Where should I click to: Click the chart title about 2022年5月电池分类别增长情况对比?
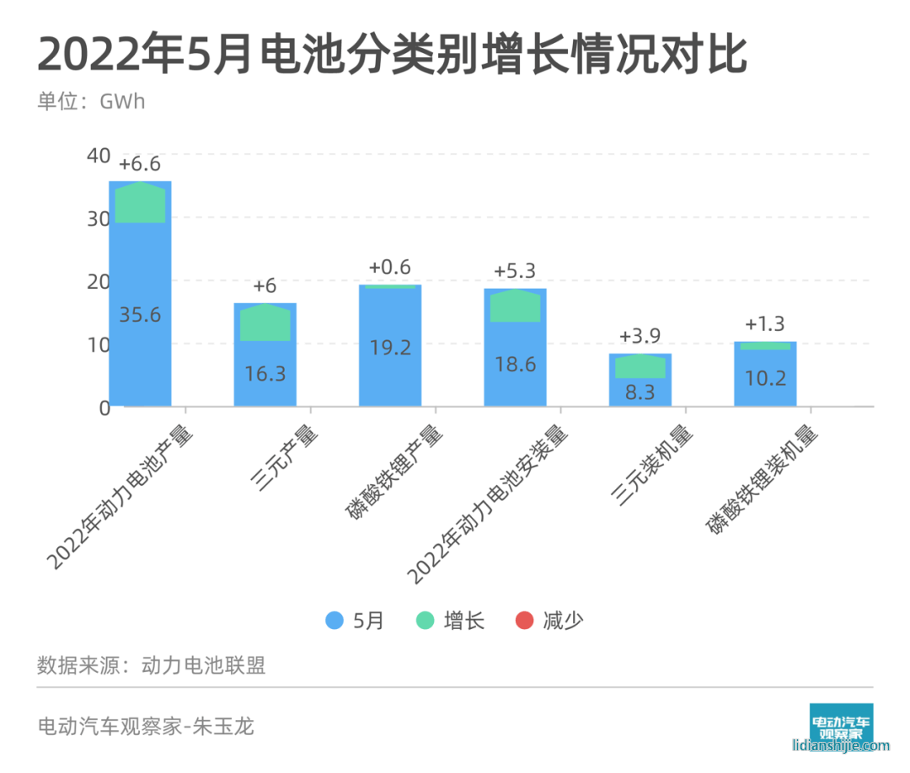point(392,56)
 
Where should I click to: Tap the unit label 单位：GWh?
point(91,102)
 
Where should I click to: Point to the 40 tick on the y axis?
point(99,156)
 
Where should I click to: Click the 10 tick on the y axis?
point(99,344)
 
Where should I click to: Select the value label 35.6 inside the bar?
point(140,315)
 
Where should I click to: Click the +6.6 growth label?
point(140,163)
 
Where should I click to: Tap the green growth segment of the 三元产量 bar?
point(265,323)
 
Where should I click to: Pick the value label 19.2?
point(390,347)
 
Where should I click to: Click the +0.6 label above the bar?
point(389,268)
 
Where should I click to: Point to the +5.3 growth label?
point(515,271)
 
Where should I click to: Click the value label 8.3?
point(640,391)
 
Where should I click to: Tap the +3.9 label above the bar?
point(640,336)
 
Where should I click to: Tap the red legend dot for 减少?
point(524,621)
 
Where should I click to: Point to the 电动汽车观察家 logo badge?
point(841,722)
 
